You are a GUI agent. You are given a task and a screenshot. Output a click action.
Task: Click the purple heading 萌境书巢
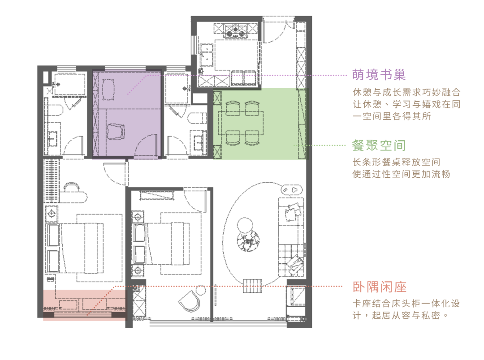[x=379, y=75]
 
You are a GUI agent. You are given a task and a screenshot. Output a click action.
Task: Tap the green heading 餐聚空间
[x=379, y=146]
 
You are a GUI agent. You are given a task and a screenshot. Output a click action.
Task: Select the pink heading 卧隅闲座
[x=380, y=287]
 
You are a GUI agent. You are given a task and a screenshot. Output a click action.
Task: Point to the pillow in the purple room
[x=108, y=89]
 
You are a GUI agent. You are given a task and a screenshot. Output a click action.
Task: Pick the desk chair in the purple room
[x=116, y=133]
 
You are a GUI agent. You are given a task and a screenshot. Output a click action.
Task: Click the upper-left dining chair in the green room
[x=233, y=108]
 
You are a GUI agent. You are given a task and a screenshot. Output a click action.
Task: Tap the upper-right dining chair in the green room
[x=252, y=108]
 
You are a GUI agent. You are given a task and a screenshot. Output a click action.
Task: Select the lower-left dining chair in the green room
[x=233, y=137]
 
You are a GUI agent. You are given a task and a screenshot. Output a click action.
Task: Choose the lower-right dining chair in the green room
[x=252, y=137]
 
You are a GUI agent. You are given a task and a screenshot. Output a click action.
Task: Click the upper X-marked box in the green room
[x=217, y=98]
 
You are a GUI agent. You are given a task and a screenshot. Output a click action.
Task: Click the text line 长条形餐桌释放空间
[x=396, y=162]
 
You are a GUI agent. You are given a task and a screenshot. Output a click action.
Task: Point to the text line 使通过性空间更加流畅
[x=401, y=174]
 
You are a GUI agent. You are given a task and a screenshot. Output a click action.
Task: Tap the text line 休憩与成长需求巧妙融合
[x=406, y=93]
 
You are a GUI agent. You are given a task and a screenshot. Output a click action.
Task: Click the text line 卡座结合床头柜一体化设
[x=406, y=304]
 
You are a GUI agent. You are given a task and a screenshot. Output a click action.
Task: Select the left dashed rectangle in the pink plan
[x=68, y=305]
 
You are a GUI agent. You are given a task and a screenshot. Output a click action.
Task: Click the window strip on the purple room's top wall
[x=125, y=70]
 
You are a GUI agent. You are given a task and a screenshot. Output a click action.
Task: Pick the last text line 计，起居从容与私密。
[x=400, y=316]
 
